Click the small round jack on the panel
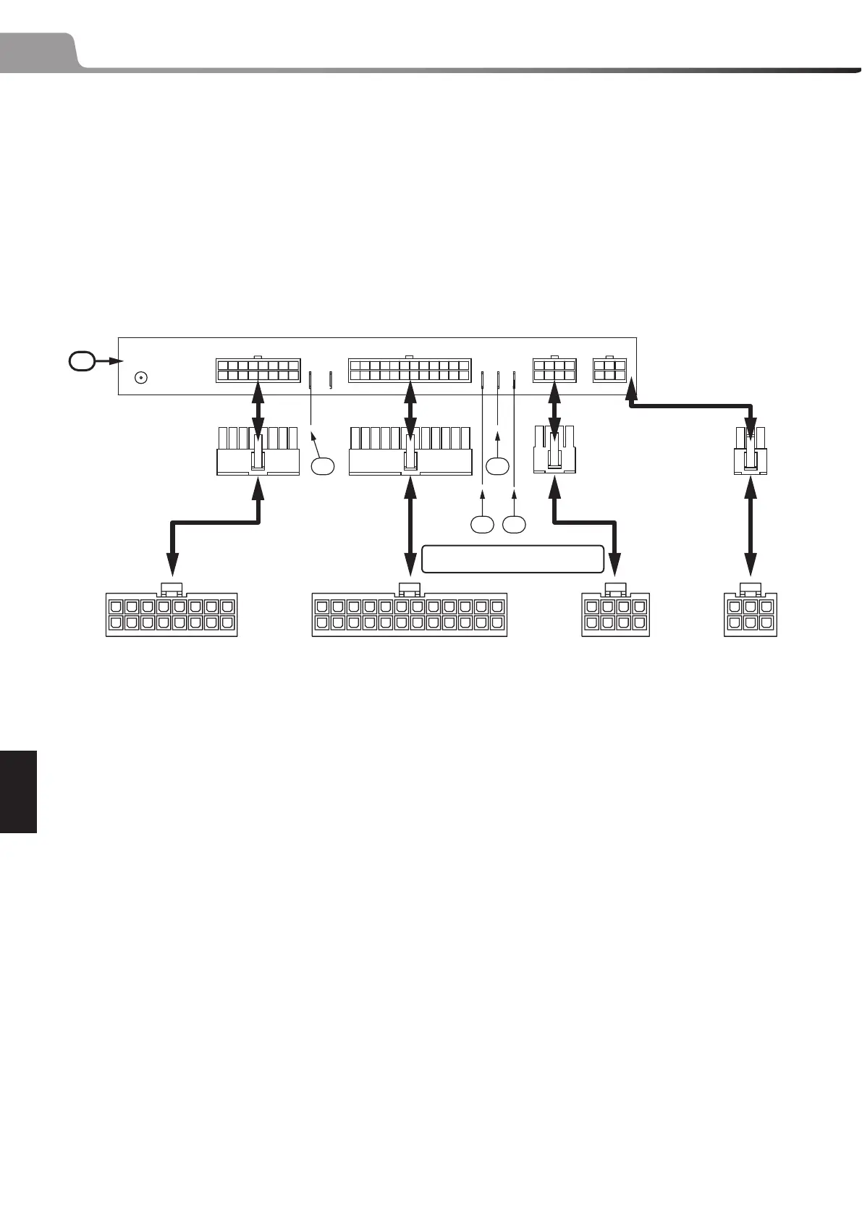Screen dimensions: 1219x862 [x=142, y=377]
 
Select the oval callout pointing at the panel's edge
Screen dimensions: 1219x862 [x=82, y=360]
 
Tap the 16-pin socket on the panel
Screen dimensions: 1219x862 [x=258, y=371]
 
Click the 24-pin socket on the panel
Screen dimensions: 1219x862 [x=410, y=371]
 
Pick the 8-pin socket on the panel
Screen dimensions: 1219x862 [x=554, y=371]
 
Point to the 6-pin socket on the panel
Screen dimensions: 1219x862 [x=609, y=371]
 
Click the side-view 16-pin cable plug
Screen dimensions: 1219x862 [x=258, y=452]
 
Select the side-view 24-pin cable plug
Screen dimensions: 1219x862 [x=410, y=452]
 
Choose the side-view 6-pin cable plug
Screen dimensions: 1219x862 [x=751, y=452]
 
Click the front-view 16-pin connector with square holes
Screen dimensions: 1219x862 [x=172, y=615]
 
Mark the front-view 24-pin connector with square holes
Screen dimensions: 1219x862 [x=410, y=615]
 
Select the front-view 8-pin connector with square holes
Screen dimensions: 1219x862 [x=615, y=615]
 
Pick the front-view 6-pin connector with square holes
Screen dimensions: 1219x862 [x=751, y=615]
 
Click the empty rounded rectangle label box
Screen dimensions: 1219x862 [x=512, y=559]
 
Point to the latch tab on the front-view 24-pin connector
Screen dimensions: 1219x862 [x=410, y=587]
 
